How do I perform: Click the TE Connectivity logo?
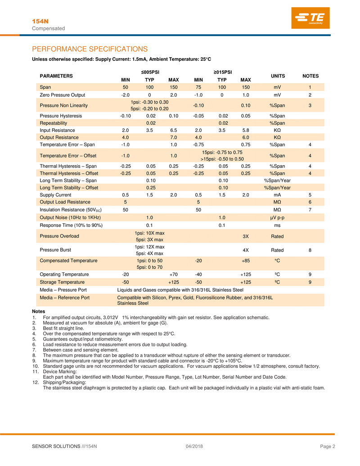[310, 20]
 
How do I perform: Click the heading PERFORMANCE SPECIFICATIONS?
[90, 49]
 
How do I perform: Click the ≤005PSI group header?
[148, 72]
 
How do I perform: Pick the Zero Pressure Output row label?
[63, 95]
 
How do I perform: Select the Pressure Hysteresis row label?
[61, 116]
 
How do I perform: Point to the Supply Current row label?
[56, 195]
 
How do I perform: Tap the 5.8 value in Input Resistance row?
[246, 130]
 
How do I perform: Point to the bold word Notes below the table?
[39, 312]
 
